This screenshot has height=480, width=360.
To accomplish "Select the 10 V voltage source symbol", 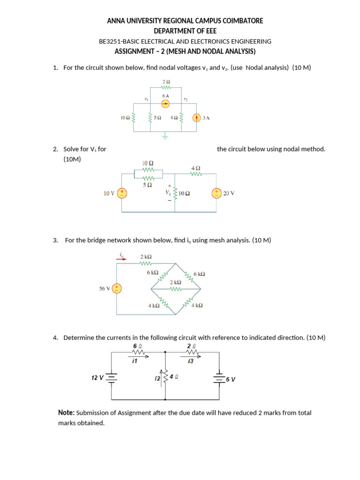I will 122,193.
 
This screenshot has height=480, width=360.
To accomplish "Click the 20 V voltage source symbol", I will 217,193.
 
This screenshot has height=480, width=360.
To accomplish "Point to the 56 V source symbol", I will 117,288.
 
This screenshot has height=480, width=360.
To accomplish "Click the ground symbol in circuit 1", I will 165,137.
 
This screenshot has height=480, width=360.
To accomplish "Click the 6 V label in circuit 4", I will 230,379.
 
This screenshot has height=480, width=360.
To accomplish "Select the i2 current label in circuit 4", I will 157,377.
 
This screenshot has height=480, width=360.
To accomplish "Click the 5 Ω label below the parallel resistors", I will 147,185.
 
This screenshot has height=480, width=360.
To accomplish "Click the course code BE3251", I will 110,41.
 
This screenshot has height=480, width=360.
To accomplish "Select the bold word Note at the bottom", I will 66,413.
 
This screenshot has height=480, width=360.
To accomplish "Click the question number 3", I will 55,240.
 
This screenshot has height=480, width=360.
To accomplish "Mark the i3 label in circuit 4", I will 190,361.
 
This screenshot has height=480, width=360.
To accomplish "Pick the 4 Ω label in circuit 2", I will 196,168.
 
